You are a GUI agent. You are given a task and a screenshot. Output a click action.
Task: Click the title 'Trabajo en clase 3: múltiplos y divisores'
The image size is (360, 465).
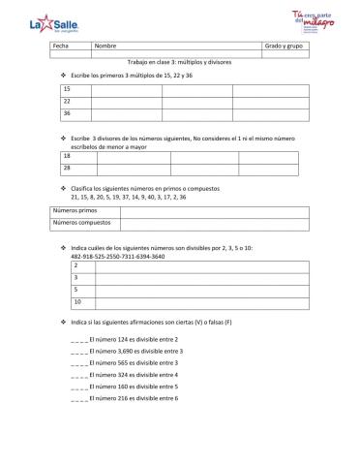(179, 61)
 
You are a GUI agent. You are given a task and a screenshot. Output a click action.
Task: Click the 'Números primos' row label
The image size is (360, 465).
(75, 209)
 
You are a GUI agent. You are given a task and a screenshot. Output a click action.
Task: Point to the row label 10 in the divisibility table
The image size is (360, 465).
(77, 301)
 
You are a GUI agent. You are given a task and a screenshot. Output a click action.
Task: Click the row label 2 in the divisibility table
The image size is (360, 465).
(75, 264)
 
